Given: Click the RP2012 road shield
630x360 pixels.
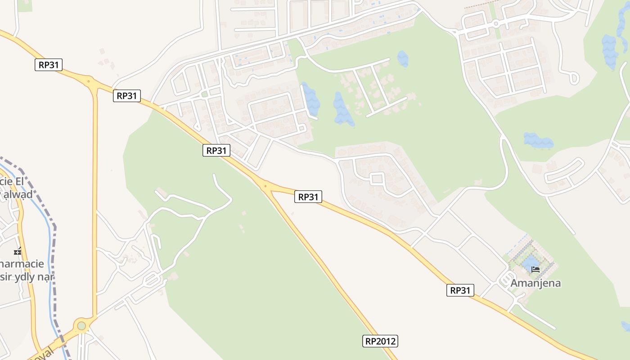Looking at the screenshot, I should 380,341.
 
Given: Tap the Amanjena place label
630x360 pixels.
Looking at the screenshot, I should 535,283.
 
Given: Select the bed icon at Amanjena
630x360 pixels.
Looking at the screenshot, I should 535,269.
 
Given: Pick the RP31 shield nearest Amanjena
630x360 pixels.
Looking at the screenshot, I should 460,290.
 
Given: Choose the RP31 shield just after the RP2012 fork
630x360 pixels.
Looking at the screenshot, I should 308,197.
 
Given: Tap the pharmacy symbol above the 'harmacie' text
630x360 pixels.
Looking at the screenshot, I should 18,251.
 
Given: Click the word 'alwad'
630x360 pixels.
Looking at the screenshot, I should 18,194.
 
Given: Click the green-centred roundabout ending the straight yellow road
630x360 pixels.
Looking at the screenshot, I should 81,325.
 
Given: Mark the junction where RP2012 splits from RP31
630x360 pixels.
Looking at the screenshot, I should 265,185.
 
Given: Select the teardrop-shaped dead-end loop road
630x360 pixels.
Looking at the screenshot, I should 574,78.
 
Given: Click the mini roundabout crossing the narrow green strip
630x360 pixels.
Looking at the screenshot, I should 495,23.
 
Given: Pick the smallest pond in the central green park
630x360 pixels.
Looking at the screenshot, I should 403,58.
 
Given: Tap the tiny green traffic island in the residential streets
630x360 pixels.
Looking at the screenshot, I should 204,94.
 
